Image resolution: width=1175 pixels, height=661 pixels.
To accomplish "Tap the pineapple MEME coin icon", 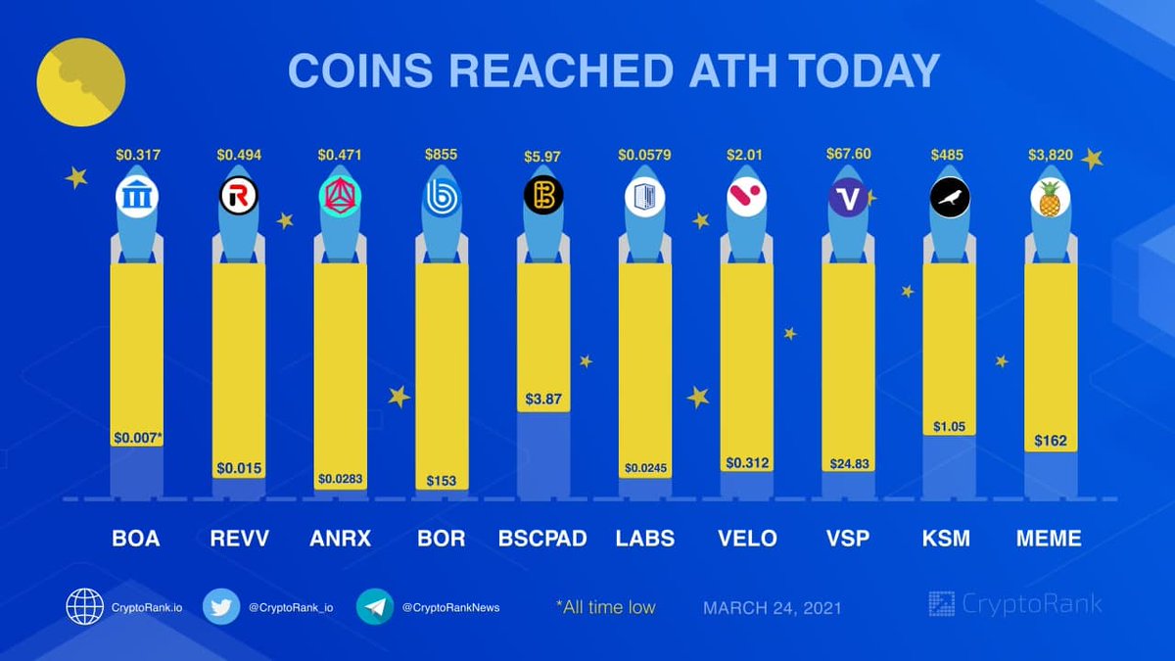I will (x=1050, y=199).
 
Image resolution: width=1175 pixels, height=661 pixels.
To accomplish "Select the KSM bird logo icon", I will (x=949, y=199).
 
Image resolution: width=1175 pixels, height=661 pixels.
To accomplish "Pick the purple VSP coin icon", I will (x=848, y=199).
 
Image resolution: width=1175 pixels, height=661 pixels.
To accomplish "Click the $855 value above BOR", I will (x=441, y=155).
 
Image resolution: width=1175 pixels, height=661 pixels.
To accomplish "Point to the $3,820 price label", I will (x=1050, y=155).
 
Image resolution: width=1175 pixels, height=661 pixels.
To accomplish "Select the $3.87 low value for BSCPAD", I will (x=542, y=400).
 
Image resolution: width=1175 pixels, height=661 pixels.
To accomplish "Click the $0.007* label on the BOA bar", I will (x=137, y=437).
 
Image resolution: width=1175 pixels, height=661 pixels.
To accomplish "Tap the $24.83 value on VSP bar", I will (x=848, y=463).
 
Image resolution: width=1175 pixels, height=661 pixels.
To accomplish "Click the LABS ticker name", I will (x=644, y=539).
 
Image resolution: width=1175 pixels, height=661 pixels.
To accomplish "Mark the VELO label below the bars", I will (x=746, y=539).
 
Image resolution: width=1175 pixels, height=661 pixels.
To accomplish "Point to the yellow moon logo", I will (x=80, y=82).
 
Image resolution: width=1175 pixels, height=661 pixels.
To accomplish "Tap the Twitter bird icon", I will (x=222, y=607).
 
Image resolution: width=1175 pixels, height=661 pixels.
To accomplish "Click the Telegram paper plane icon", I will (x=375, y=607).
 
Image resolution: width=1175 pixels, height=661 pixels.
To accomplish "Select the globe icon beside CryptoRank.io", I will (x=85, y=607).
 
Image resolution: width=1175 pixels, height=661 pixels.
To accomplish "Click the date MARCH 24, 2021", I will (x=772, y=608).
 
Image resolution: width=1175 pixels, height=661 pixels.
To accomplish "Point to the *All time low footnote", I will (x=605, y=607).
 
